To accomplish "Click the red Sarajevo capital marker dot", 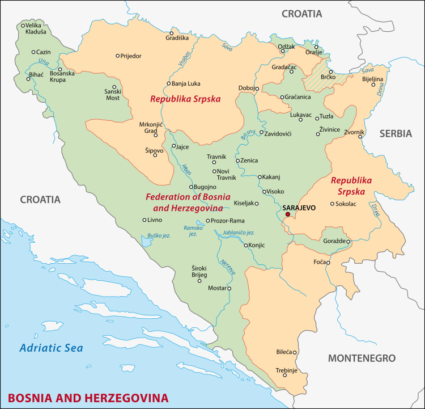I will click(x=287, y=214).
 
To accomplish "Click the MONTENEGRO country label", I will click(x=362, y=359).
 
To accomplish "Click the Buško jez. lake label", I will click(x=159, y=235).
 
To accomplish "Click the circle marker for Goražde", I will click(x=348, y=241).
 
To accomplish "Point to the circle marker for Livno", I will click(x=144, y=220).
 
